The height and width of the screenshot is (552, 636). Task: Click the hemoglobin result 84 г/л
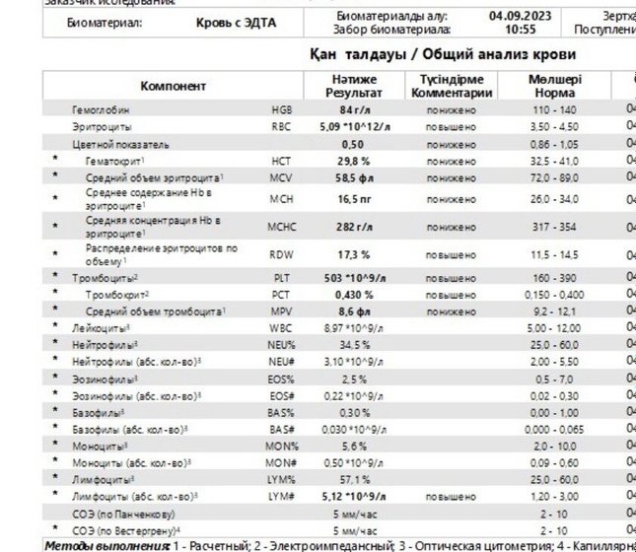[x=354, y=109]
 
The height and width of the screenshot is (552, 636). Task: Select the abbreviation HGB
[x=281, y=109]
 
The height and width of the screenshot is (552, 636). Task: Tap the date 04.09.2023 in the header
[x=521, y=16]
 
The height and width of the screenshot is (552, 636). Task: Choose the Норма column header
[x=554, y=93]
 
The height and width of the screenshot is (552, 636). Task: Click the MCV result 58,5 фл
[x=354, y=176]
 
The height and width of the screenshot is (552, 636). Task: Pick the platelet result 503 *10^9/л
[x=354, y=278]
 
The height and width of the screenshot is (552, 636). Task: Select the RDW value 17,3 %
[x=354, y=254]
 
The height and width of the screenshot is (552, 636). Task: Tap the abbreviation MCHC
[x=281, y=227]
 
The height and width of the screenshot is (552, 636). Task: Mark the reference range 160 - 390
[x=554, y=278]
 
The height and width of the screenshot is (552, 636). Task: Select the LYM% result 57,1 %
[x=354, y=480]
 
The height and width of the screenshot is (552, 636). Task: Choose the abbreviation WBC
[x=281, y=327]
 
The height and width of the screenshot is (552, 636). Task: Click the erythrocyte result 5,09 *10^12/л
[x=354, y=126]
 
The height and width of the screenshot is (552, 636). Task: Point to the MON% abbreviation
[x=281, y=446]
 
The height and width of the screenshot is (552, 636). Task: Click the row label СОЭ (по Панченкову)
[x=123, y=514]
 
